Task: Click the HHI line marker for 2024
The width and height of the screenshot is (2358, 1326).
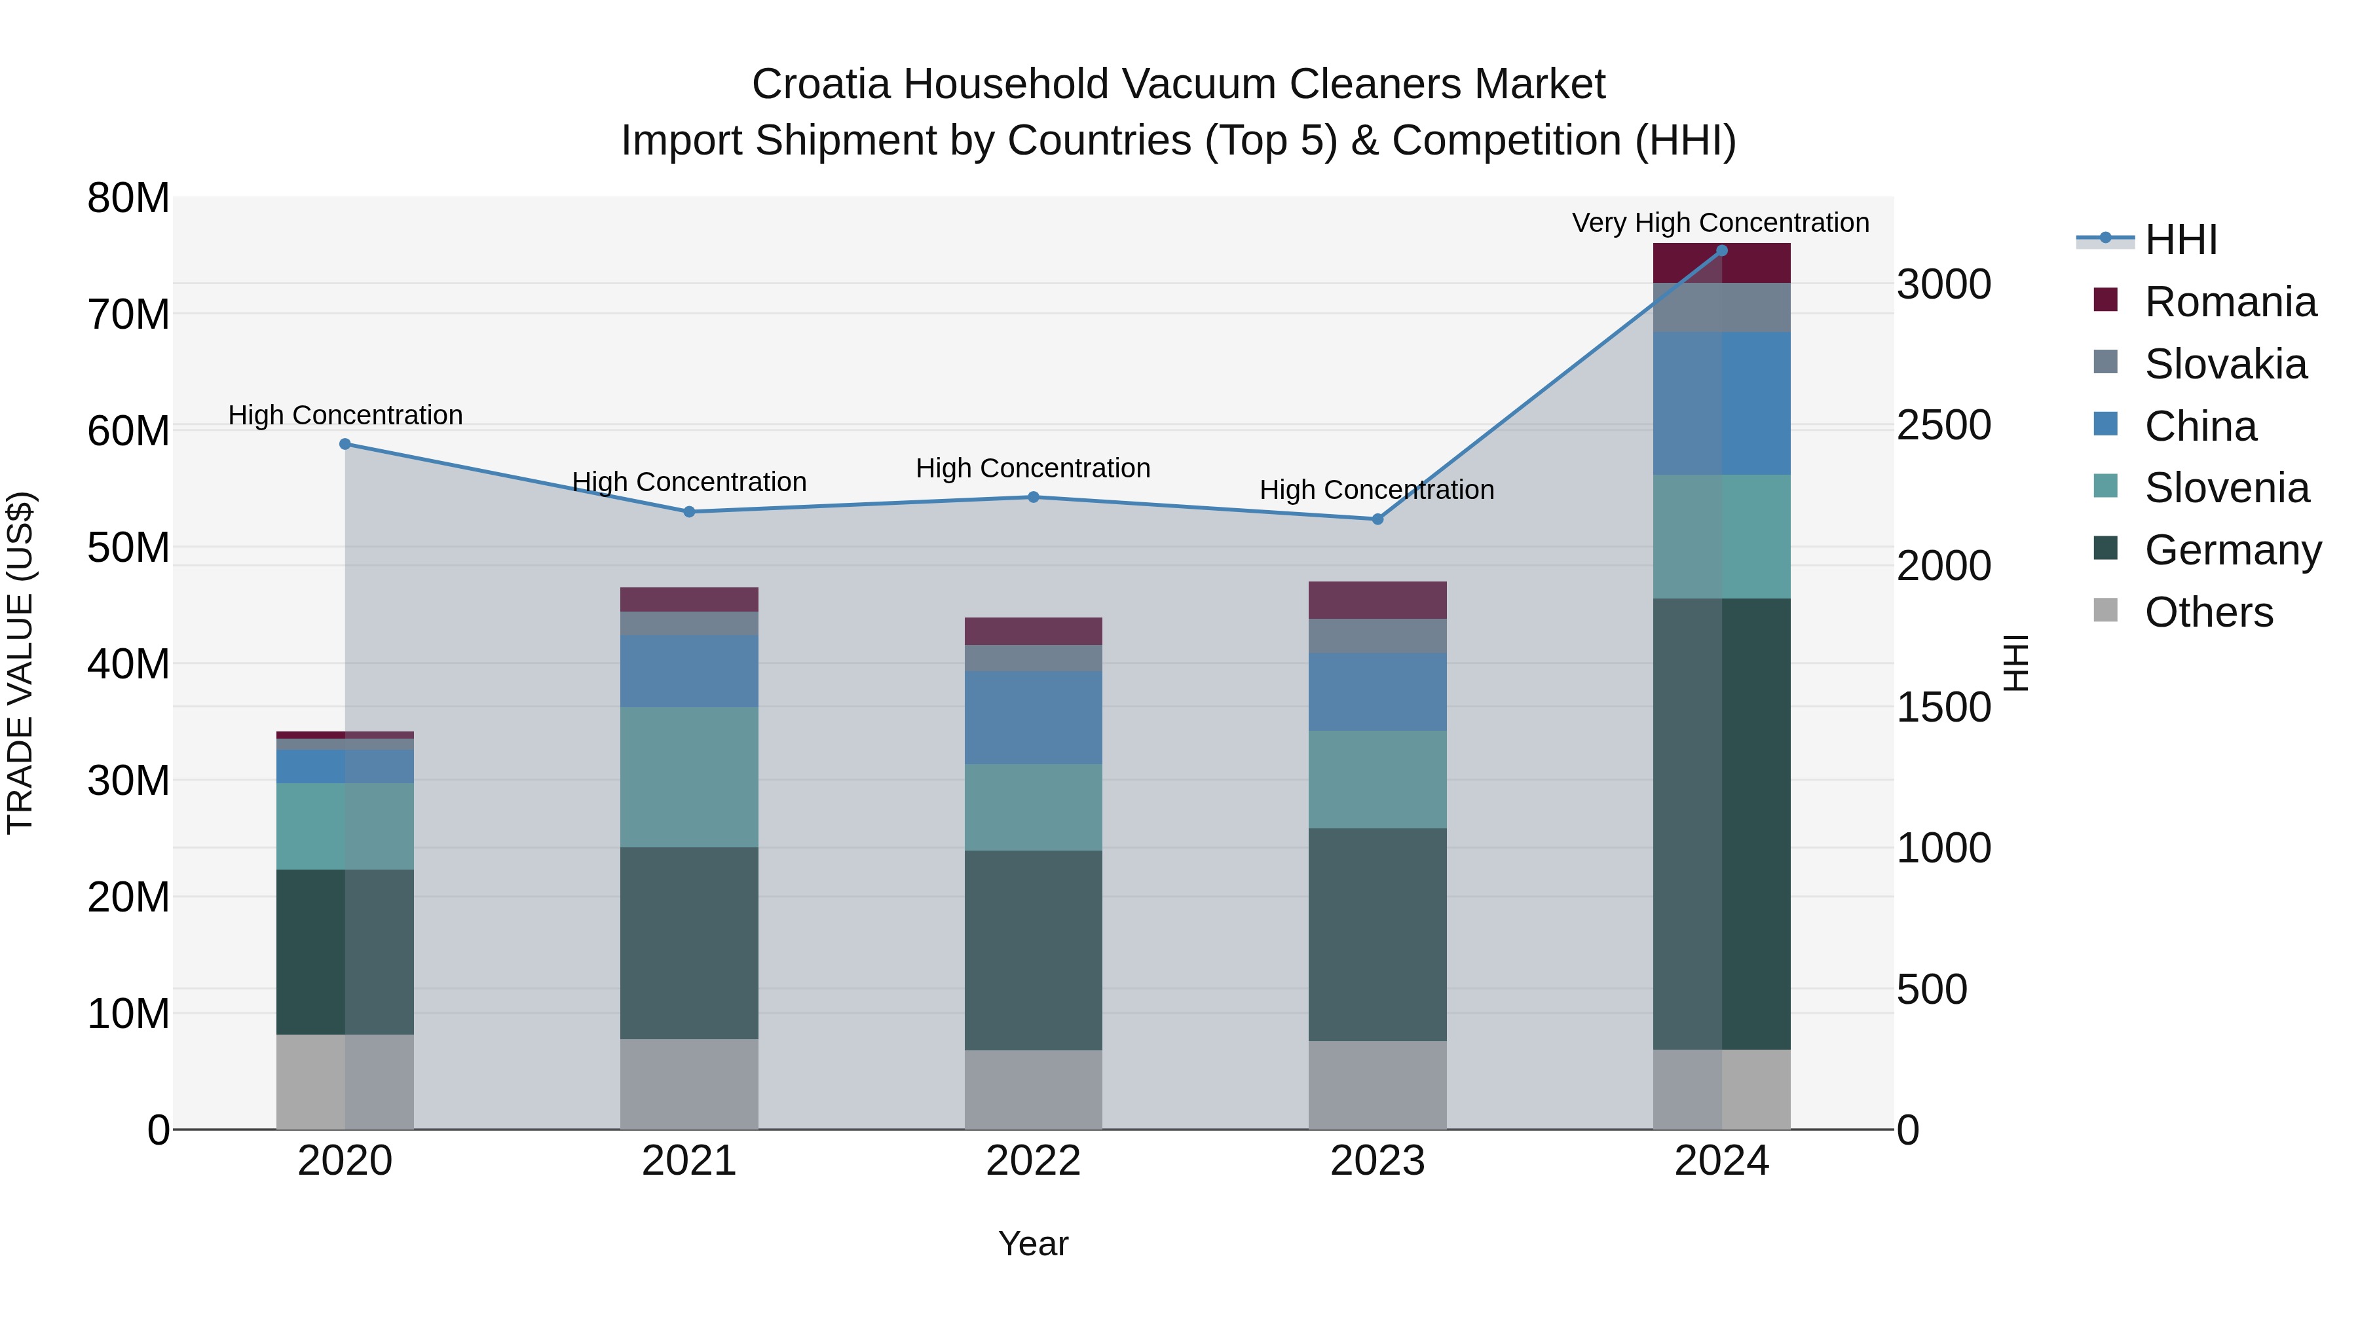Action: [x=1721, y=251]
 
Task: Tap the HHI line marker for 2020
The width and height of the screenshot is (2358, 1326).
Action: [x=345, y=444]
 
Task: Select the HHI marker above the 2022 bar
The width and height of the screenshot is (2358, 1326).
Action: [x=1034, y=497]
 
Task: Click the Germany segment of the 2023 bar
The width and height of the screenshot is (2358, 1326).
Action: [x=1377, y=934]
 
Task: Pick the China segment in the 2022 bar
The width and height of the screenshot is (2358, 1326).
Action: [x=1034, y=718]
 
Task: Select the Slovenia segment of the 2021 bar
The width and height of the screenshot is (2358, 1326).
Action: [x=689, y=777]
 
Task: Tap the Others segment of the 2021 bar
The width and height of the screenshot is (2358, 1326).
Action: [x=689, y=1084]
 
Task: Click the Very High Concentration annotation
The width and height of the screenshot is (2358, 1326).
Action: [x=1720, y=223]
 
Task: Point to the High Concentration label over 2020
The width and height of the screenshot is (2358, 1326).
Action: [x=345, y=414]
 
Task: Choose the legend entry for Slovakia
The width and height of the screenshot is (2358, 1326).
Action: [x=2224, y=364]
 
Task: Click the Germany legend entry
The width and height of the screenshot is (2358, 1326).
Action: [x=2232, y=550]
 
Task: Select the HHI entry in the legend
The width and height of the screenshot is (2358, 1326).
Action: [x=2180, y=240]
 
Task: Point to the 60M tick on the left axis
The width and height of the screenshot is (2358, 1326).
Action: [x=128, y=431]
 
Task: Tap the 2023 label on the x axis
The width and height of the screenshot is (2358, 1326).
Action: [x=1377, y=1161]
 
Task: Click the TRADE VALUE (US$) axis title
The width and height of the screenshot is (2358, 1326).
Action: [x=20, y=663]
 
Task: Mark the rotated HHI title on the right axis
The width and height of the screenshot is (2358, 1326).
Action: [x=2015, y=663]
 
